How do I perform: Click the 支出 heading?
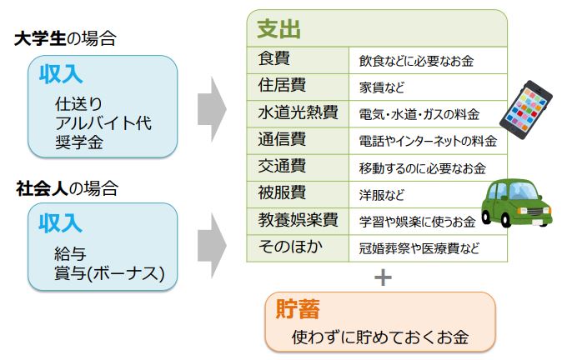pyautogui.click(x=278, y=30)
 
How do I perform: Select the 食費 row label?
pyautogui.click(x=275, y=59)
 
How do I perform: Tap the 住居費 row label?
pyautogui.click(x=282, y=86)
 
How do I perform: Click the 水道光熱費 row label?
pyautogui.click(x=294, y=112)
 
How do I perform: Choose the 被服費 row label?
pyautogui.click(x=282, y=193)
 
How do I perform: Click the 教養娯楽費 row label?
pyautogui.click(x=297, y=221)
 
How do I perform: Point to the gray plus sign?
pyautogui.click(x=383, y=277)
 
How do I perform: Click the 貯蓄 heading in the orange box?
pyautogui.click(x=298, y=308)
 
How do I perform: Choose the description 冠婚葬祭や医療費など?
pyautogui.click(x=419, y=248)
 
